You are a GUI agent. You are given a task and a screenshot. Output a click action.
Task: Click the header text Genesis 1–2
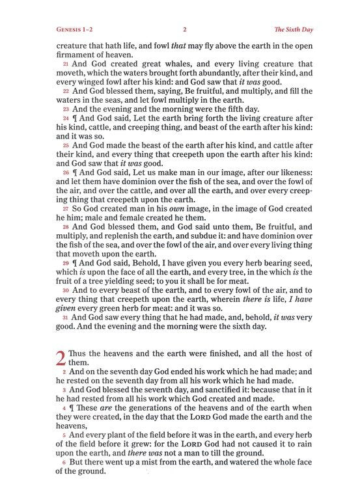click(75, 29)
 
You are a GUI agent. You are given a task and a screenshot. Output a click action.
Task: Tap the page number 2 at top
click(185, 29)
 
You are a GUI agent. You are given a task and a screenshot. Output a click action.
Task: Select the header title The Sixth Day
click(284, 29)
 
